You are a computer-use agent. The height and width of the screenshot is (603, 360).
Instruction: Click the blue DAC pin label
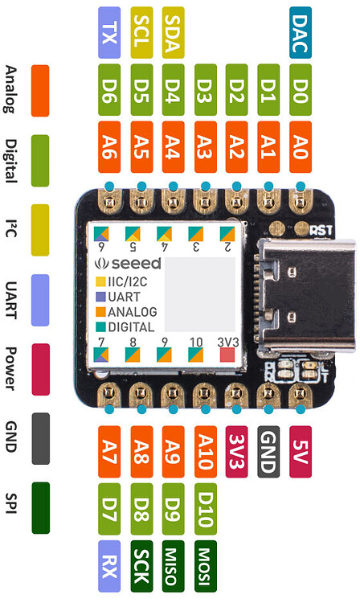(301, 33)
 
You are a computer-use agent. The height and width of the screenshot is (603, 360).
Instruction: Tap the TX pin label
(108, 33)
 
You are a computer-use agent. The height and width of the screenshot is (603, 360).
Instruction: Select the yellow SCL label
(141, 33)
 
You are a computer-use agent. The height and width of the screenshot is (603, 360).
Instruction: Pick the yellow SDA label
(173, 33)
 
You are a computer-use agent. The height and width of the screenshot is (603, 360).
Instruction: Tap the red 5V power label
(301, 452)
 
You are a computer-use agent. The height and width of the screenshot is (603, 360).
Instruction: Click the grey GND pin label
(268, 452)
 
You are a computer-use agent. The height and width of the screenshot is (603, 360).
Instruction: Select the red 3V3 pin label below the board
(236, 452)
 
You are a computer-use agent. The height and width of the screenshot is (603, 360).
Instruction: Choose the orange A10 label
(205, 452)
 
